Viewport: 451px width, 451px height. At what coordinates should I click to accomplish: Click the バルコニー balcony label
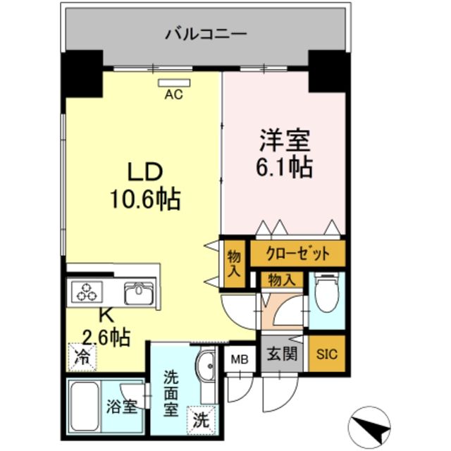[x=206, y=33]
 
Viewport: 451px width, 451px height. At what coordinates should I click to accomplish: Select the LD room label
[x=145, y=171]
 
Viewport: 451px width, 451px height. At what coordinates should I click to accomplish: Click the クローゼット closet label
[x=299, y=252]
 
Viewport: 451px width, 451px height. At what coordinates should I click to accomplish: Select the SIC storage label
[x=327, y=354]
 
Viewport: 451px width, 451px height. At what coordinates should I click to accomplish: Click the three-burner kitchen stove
[x=85, y=292]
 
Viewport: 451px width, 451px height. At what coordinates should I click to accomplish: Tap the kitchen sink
[x=138, y=292]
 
